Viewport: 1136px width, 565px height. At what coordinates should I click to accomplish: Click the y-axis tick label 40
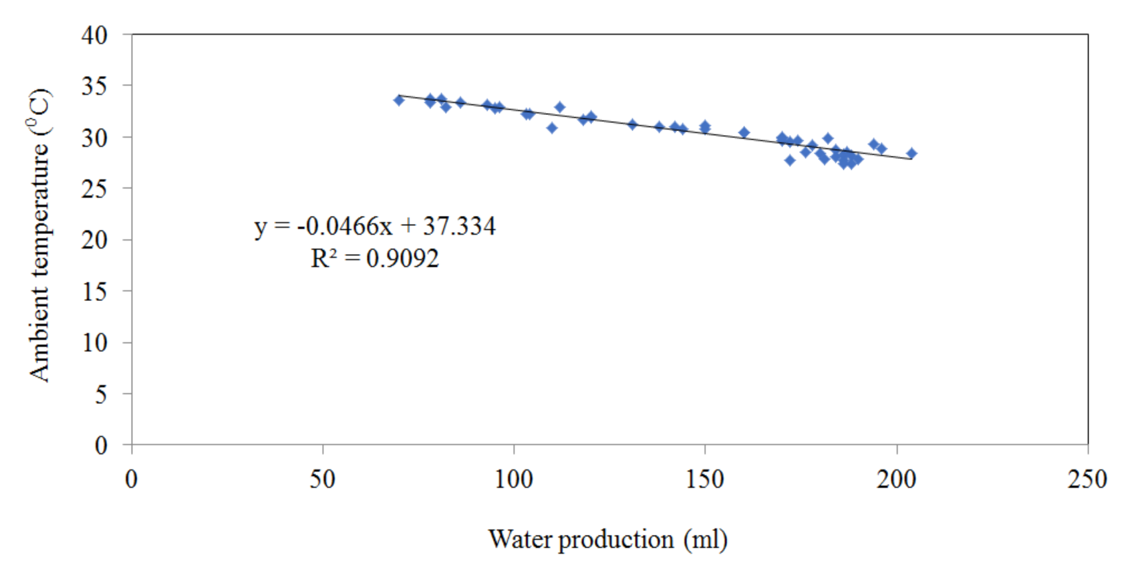click(94, 35)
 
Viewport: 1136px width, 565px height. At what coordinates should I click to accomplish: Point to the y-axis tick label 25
click(94, 189)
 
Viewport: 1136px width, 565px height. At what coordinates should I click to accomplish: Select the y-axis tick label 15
click(94, 292)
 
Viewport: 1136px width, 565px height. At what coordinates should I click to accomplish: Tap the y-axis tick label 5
click(100, 394)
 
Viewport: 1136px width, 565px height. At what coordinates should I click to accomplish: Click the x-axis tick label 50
click(322, 479)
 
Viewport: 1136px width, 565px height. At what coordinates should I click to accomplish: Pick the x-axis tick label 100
click(513, 479)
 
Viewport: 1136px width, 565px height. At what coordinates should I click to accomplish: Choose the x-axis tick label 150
click(704, 479)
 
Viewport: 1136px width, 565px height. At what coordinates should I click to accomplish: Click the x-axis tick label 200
click(895, 479)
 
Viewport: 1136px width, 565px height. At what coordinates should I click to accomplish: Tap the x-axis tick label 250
click(1087, 479)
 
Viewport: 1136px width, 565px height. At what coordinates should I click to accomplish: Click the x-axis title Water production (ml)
click(607, 540)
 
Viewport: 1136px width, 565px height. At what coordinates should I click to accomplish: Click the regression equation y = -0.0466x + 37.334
click(375, 226)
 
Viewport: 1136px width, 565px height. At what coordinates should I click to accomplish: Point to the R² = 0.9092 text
click(375, 258)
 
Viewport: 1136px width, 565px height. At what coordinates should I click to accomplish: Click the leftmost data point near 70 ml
click(399, 100)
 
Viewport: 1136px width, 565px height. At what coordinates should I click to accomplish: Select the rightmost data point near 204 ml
click(911, 153)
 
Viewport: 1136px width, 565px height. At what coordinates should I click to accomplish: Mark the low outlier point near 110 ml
click(552, 128)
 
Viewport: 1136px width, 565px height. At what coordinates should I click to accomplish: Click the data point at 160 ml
click(744, 132)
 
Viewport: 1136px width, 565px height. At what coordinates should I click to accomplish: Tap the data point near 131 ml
click(633, 124)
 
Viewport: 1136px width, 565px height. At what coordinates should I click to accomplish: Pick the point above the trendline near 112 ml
click(560, 107)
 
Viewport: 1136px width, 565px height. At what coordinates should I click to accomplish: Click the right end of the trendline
click(911, 159)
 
